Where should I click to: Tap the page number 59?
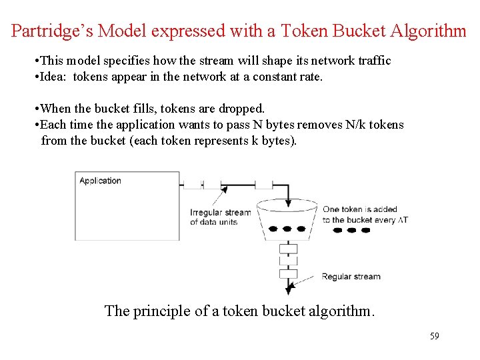(x=434, y=336)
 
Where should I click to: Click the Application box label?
(x=100, y=181)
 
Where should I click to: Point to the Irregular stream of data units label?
(x=220, y=217)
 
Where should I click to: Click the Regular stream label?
(x=351, y=277)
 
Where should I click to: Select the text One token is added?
(x=359, y=209)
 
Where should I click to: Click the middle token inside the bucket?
(x=287, y=229)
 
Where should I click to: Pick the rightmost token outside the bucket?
(x=367, y=231)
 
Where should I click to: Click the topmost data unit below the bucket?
(x=288, y=249)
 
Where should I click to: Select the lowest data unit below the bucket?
(x=288, y=273)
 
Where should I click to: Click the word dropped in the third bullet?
(x=243, y=108)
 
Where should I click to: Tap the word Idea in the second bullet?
(x=55, y=77)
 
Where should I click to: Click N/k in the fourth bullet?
(x=351, y=125)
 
